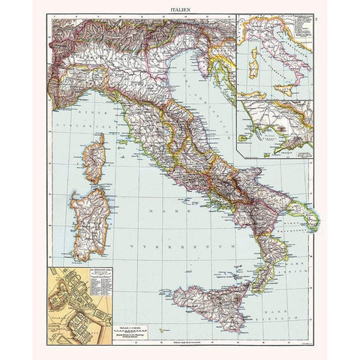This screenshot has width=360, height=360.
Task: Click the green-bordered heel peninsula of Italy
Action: [311, 214]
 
